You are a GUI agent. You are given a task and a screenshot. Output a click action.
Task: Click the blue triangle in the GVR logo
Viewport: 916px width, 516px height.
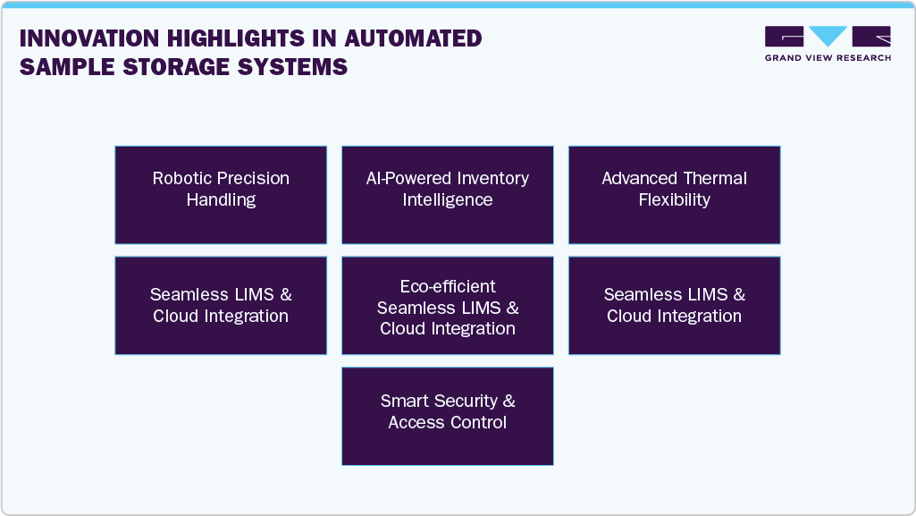828,36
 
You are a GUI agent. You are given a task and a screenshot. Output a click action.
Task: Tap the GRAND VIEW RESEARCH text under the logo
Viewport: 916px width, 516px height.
828,58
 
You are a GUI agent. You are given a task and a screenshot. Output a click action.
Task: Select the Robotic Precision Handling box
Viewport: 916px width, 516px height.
221,195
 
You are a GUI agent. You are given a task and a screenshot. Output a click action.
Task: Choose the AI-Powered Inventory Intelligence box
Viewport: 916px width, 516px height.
448,195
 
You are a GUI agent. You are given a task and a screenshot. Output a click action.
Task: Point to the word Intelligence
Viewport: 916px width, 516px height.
448,199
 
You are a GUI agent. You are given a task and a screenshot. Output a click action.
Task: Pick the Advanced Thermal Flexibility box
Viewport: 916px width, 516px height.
675,195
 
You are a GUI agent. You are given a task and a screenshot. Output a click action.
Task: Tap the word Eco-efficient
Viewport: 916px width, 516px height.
448,286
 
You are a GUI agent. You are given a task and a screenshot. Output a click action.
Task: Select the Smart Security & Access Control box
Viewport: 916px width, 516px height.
448,416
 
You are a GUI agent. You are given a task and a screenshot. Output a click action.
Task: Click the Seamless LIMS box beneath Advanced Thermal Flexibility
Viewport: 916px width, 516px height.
675,305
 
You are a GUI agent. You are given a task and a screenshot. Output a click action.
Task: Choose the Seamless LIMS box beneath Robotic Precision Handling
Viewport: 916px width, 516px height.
221,305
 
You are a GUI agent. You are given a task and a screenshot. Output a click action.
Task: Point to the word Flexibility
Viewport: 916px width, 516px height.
675,199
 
